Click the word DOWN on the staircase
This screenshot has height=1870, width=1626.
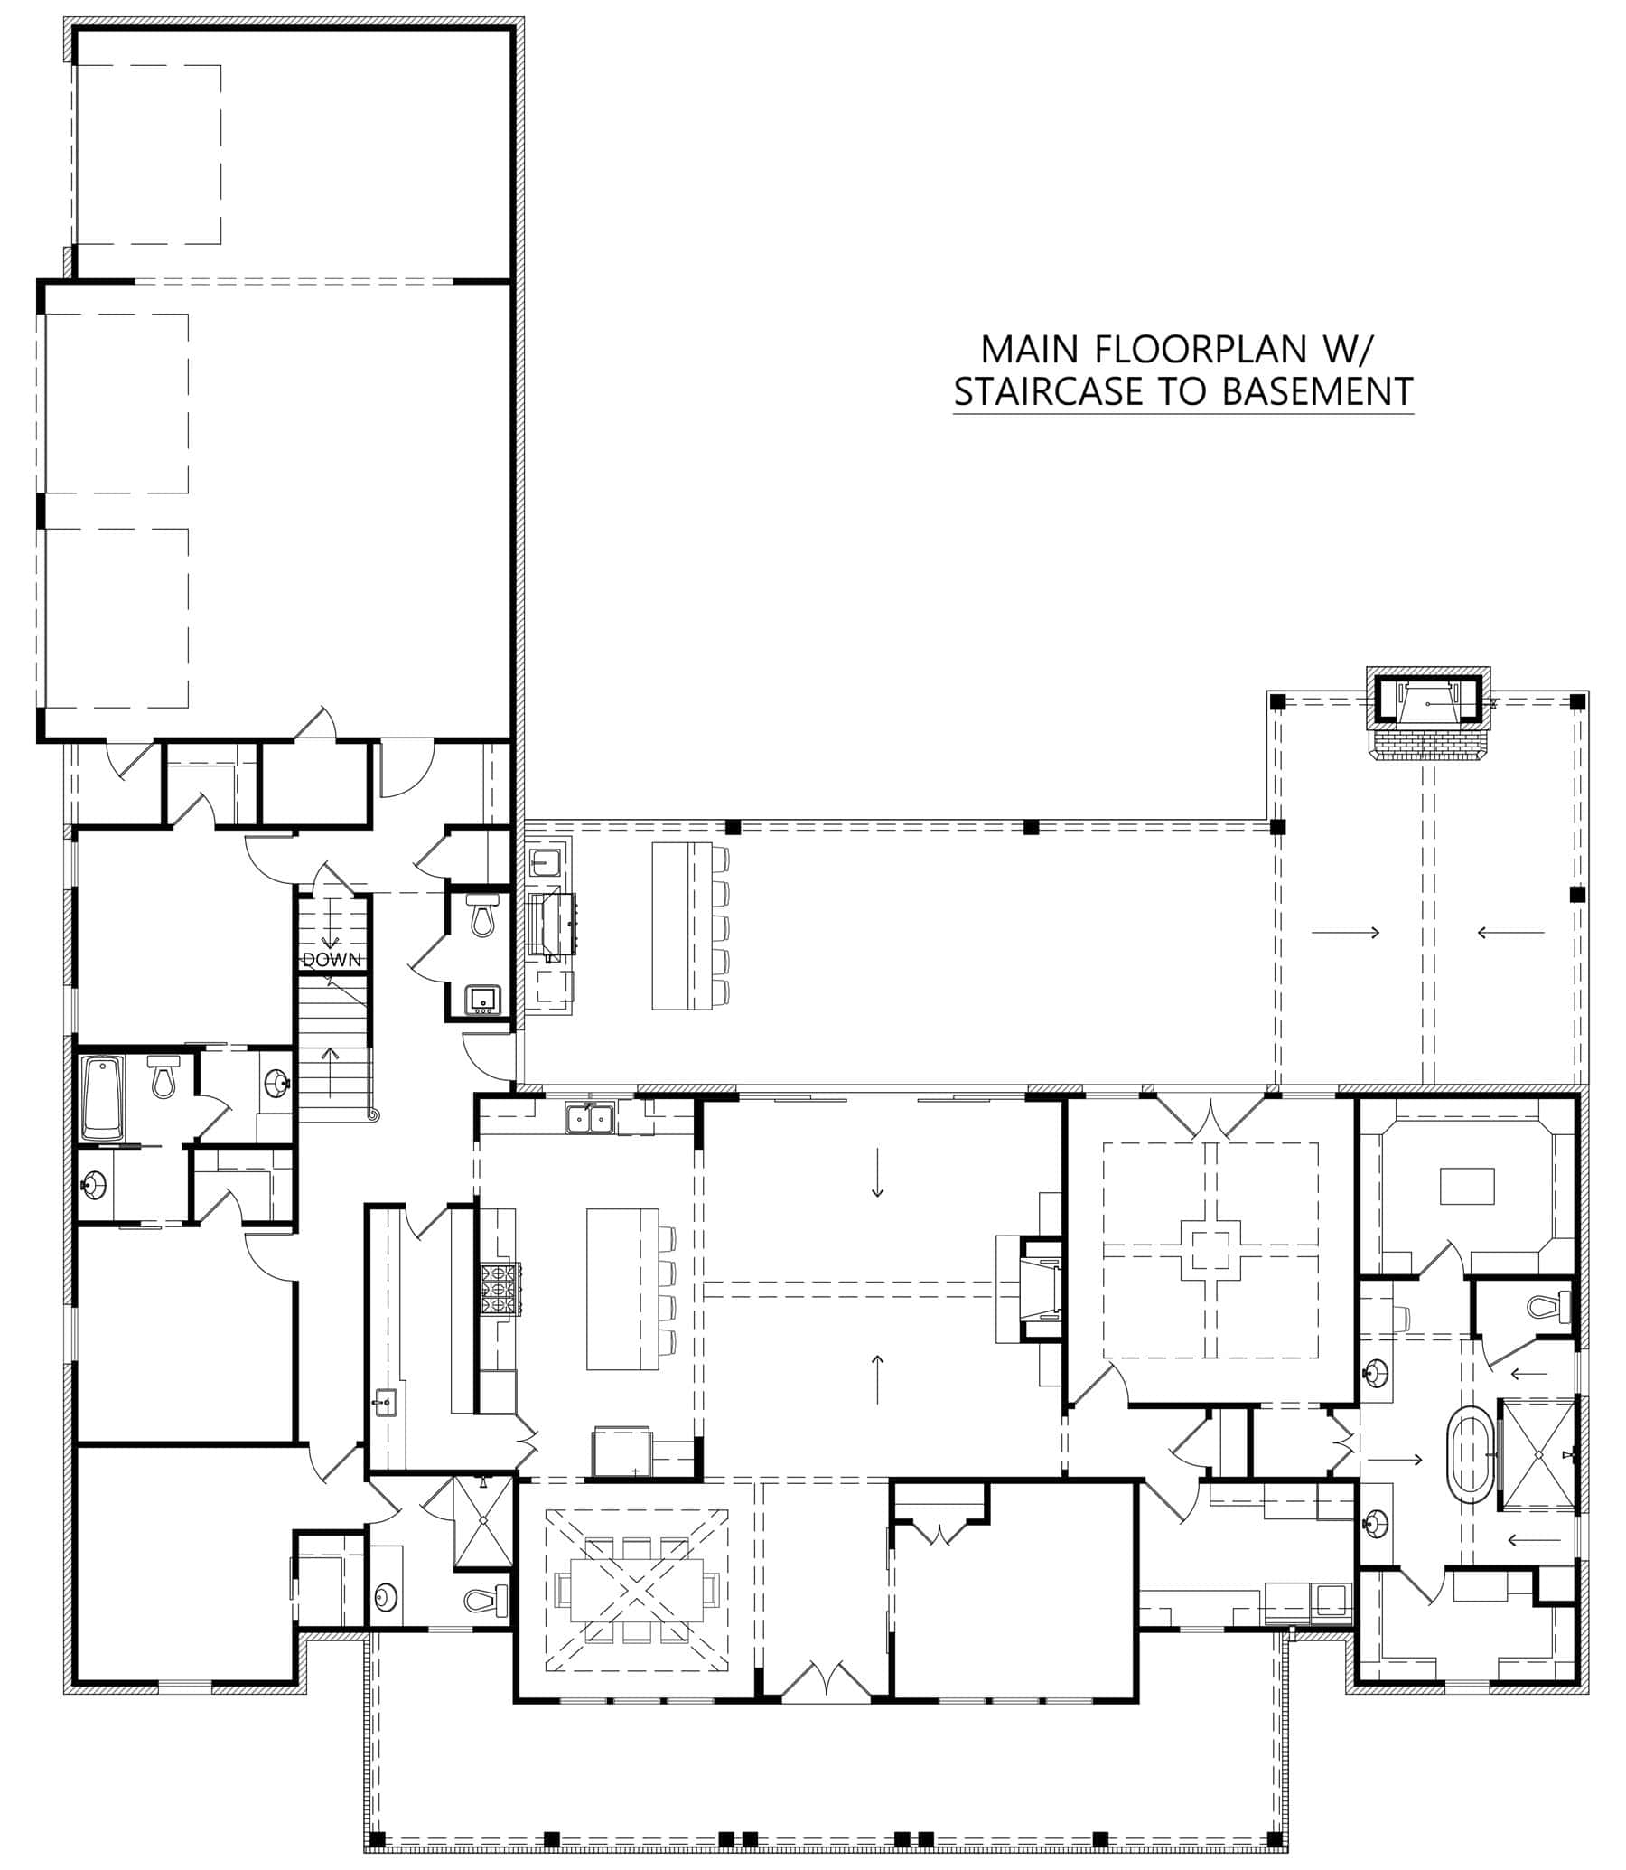(x=332, y=960)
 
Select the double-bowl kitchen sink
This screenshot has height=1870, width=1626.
(x=590, y=1118)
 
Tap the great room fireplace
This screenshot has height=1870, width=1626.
(x=1037, y=1288)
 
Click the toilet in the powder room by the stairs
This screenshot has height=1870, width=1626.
(x=483, y=915)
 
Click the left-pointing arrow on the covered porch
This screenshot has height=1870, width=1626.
(x=1510, y=932)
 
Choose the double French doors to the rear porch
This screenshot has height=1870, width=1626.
(x=1210, y=1116)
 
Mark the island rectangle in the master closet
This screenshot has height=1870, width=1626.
(x=1467, y=1187)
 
